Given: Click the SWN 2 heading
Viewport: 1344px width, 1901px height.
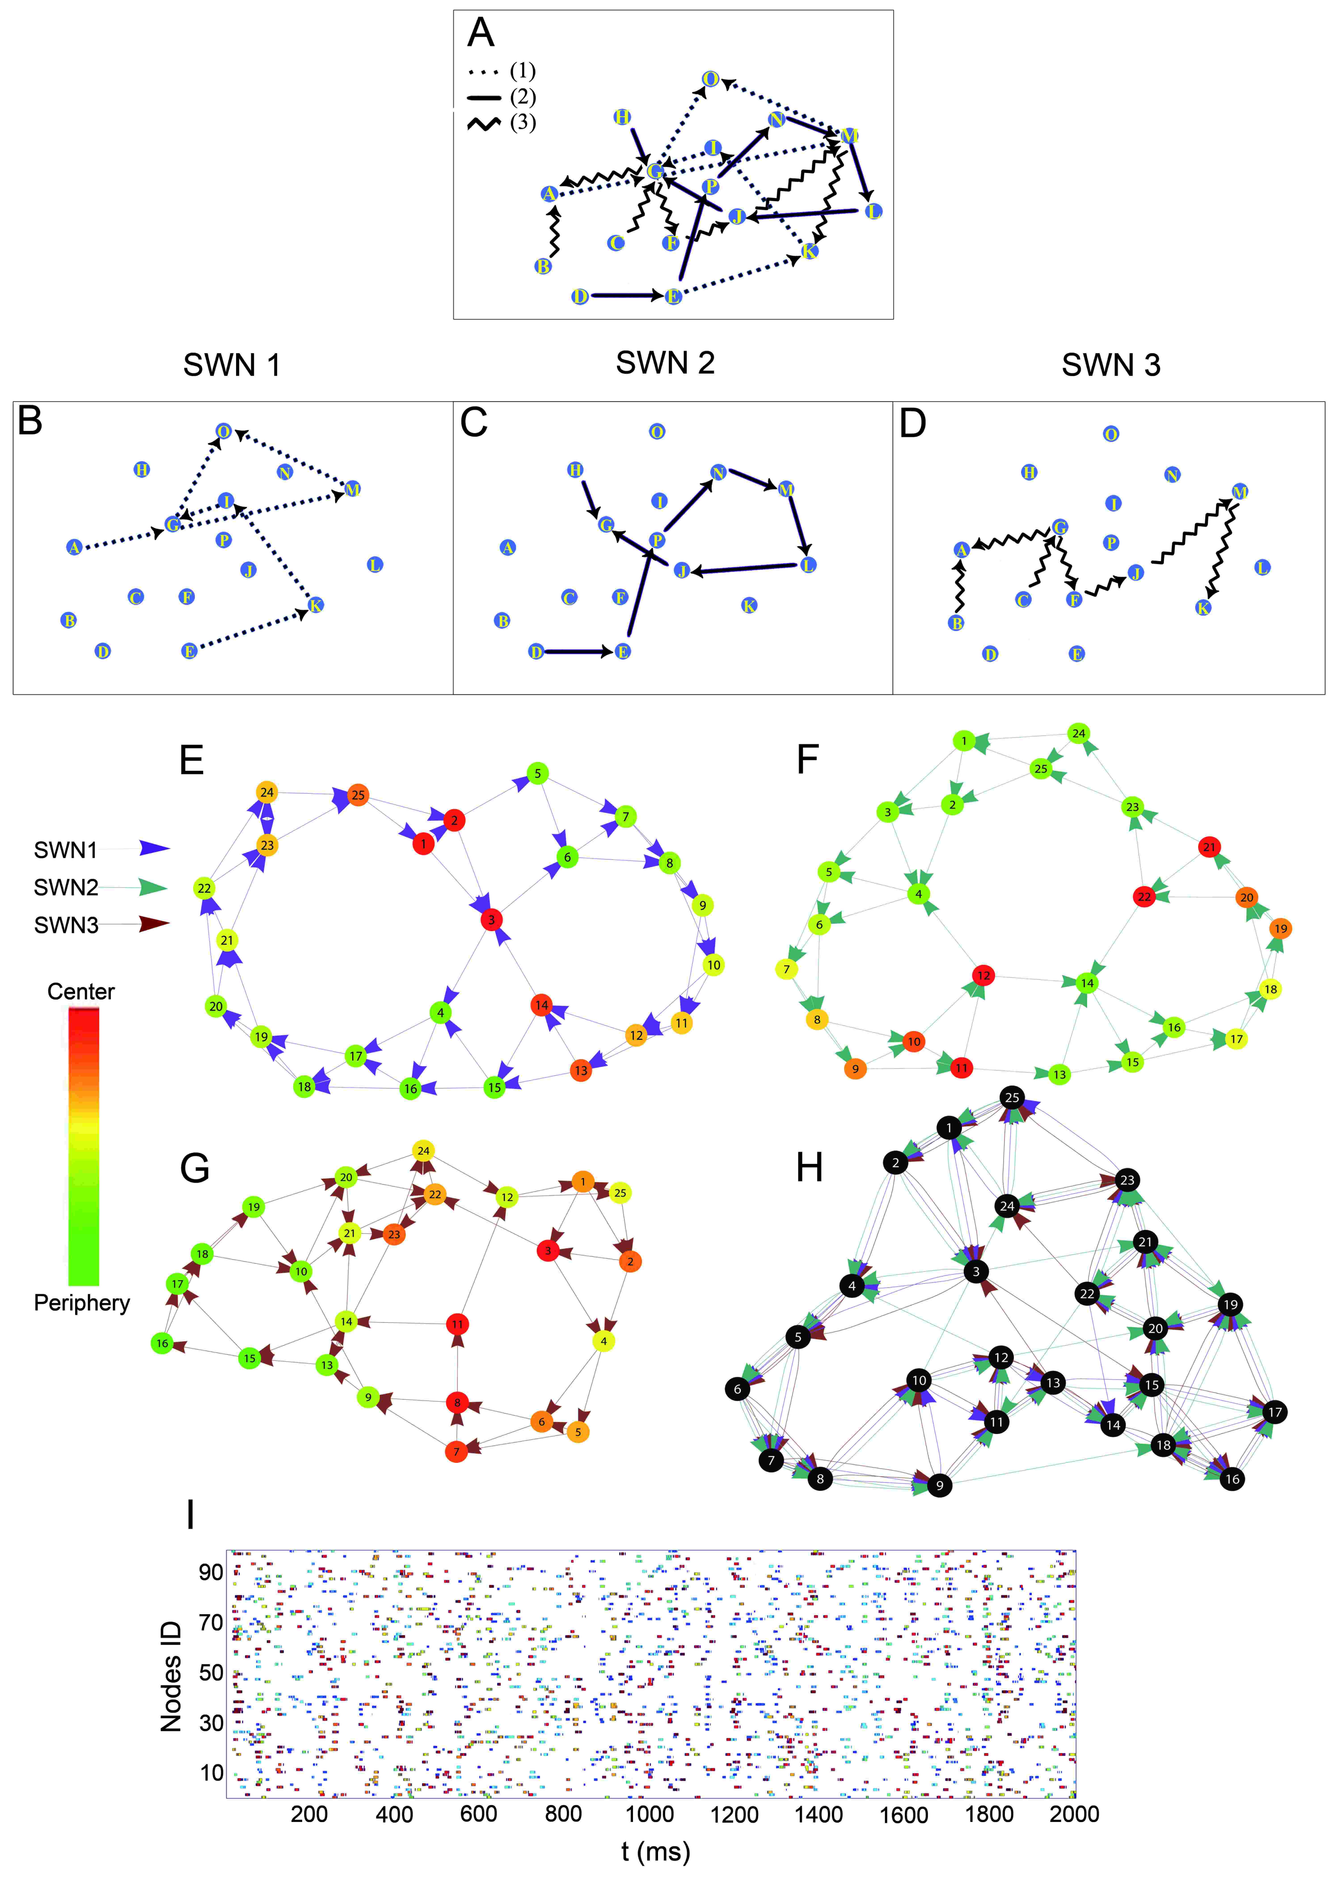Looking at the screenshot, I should click(x=665, y=363).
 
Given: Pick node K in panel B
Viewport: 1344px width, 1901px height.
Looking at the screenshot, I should click(x=316, y=605).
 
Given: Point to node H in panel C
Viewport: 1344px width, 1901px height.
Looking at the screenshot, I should click(x=575, y=470).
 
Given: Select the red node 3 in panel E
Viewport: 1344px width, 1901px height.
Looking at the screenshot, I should click(x=491, y=919).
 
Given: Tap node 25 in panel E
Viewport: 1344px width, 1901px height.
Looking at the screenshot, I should click(x=358, y=795).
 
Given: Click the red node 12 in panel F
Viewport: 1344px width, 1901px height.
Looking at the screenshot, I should click(x=983, y=975).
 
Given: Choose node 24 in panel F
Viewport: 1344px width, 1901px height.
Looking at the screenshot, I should click(x=1078, y=733).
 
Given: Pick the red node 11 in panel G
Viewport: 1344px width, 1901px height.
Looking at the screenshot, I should click(x=457, y=1324).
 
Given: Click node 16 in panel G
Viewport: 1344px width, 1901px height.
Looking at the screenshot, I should click(x=162, y=1343).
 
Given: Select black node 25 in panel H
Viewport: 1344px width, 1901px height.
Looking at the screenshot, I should click(x=1012, y=1098).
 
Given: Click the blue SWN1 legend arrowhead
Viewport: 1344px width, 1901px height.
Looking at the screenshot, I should click(x=154, y=848).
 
